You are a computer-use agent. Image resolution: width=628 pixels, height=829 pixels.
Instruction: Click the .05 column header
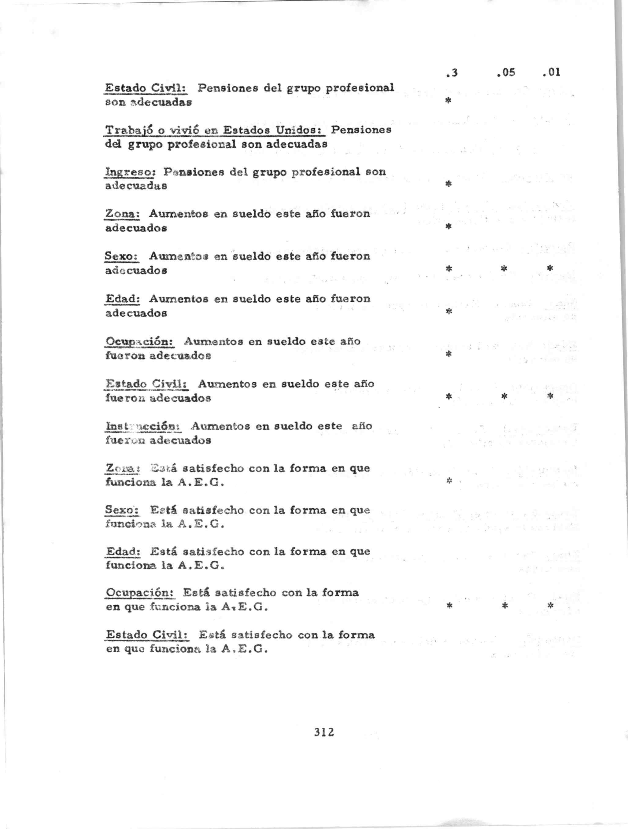point(506,72)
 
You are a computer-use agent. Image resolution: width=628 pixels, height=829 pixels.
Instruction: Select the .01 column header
point(551,72)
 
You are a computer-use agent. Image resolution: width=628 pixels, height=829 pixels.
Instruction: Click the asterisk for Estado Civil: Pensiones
point(448,101)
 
